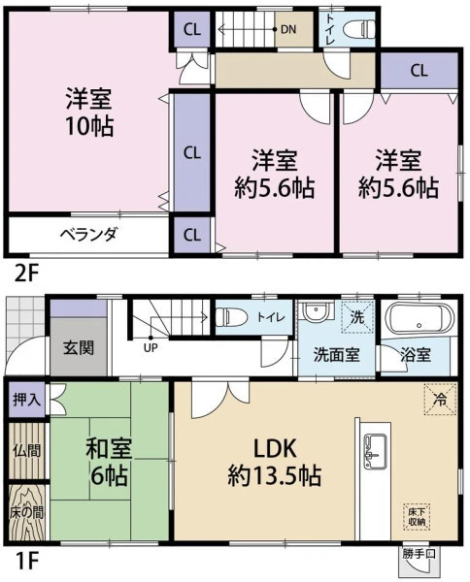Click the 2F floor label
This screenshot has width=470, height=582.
click(26, 275)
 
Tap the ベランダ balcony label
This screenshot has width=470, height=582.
click(88, 235)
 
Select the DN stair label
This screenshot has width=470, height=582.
click(288, 29)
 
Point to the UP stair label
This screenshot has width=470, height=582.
click(151, 348)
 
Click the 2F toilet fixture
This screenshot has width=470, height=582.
click(359, 28)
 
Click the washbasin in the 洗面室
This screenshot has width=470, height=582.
click(316, 310)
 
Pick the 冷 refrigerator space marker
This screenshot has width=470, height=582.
click(441, 399)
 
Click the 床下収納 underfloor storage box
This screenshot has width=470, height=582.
click(417, 517)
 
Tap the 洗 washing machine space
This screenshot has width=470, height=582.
click(357, 317)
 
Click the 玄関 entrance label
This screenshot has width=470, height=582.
click(79, 348)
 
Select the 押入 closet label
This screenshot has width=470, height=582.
click(25, 400)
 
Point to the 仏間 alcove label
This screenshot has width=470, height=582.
click(27, 451)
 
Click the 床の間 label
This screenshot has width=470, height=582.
click(27, 512)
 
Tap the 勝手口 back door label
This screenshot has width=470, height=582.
click(419, 554)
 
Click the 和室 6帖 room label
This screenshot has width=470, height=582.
click(108, 462)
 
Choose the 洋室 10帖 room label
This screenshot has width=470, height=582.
click(89, 113)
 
